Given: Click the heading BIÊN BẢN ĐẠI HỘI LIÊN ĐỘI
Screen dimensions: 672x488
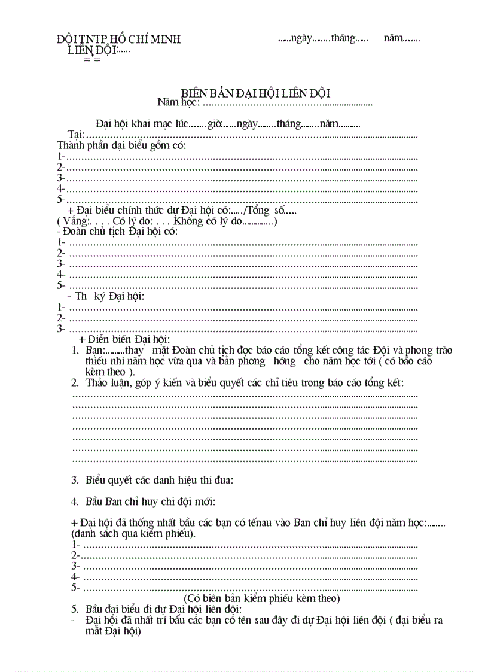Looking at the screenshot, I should (255, 93).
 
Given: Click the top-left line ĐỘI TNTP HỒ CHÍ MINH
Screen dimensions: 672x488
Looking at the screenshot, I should (118, 39).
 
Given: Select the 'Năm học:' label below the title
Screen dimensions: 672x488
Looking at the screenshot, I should (179, 102).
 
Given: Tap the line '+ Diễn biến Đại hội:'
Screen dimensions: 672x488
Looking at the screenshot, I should (124, 339).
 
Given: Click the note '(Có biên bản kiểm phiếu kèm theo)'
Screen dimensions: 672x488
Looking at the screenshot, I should (262, 598).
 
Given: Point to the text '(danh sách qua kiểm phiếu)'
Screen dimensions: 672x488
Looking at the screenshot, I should (133, 533).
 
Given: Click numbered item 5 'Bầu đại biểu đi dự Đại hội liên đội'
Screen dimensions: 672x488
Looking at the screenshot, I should (163, 609).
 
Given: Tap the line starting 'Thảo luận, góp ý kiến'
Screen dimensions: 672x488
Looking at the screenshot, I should (245, 382).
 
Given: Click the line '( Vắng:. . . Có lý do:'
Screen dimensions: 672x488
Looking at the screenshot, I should (167, 221).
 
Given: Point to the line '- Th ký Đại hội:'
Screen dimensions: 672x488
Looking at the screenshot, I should (106, 296).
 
